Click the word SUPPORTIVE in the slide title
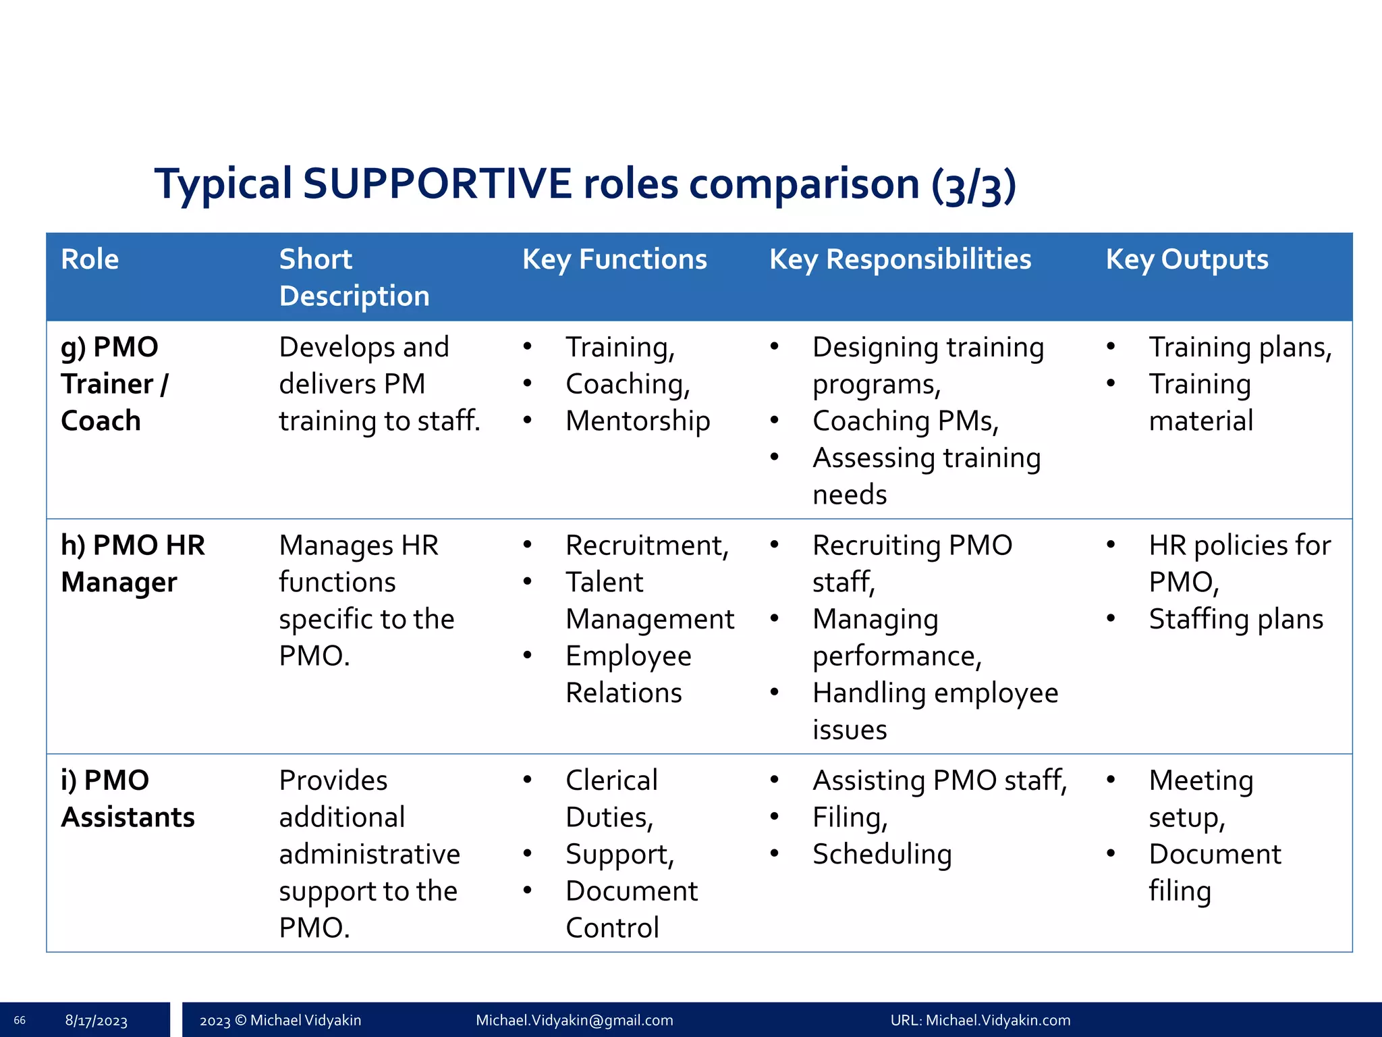click(x=437, y=184)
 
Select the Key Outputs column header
click(x=1186, y=260)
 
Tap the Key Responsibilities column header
click(x=900, y=260)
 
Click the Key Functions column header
click(x=614, y=260)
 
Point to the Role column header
click(x=90, y=260)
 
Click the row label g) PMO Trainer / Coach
click(x=115, y=383)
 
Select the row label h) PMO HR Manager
click(x=132, y=563)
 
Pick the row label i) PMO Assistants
click(x=128, y=799)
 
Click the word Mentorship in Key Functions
click(x=637, y=421)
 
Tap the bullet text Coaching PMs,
click(x=905, y=421)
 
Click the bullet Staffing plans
click(x=1236, y=619)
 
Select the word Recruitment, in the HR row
click(x=646, y=546)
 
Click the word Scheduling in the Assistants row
click(x=881, y=855)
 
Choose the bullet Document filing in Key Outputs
click(x=1214, y=872)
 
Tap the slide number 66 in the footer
click(x=20, y=1020)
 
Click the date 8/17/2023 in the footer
click(x=96, y=1021)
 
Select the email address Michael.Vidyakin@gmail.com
click(x=574, y=1020)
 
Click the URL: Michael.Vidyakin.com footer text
click(x=980, y=1020)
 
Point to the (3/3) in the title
click(x=973, y=185)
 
